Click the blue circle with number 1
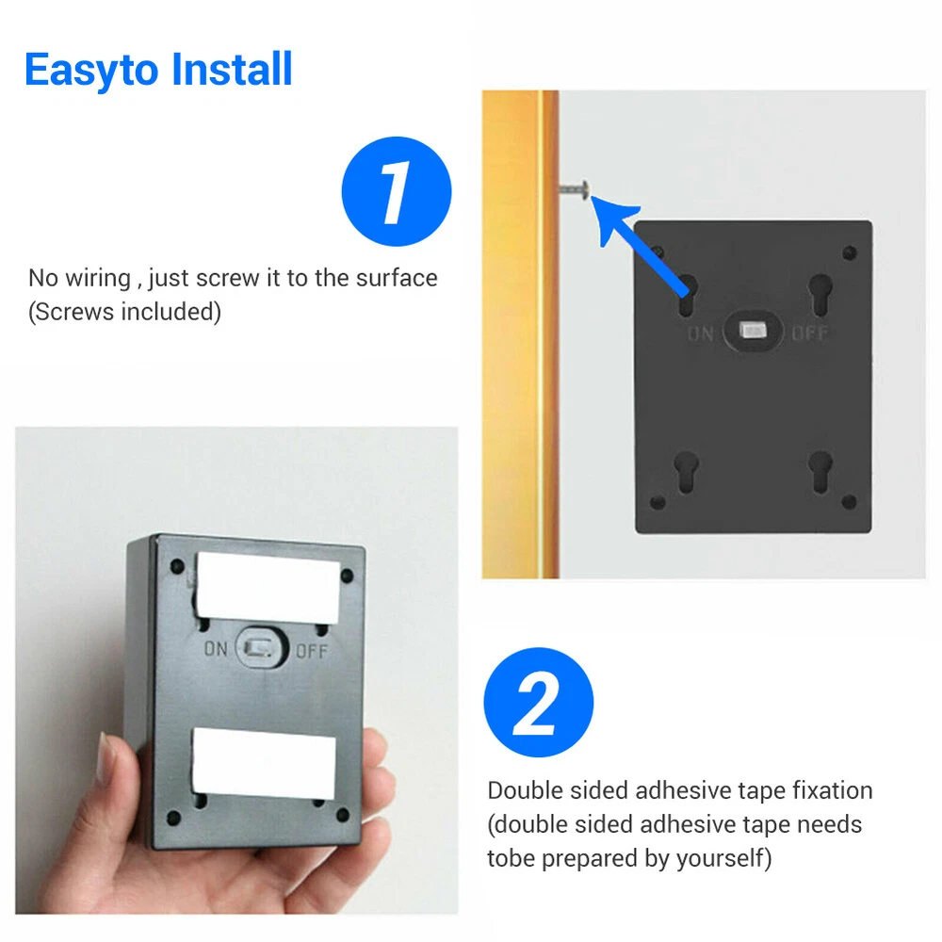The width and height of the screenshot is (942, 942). (x=397, y=191)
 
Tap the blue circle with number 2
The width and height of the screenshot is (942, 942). (x=538, y=702)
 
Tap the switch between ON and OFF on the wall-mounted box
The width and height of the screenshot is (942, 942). (x=752, y=331)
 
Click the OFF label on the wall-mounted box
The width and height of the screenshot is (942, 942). (x=810, y=333)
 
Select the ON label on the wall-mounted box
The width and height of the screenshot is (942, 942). (x=701, y=333)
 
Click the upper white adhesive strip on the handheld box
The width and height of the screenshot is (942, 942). (x=268, y=587)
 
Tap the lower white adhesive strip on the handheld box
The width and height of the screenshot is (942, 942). (x=264, y=763)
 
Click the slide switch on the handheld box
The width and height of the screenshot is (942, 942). (x=261, y=648)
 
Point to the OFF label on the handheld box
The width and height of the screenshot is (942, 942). (x=312, y=651)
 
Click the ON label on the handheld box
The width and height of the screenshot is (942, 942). (x=216, y=649)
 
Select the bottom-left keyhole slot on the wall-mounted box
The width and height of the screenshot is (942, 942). (x=686, y=472)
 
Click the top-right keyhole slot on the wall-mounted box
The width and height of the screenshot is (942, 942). (x=820, y=294)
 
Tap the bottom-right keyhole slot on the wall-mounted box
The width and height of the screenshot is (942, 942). (x=820, y=472)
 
